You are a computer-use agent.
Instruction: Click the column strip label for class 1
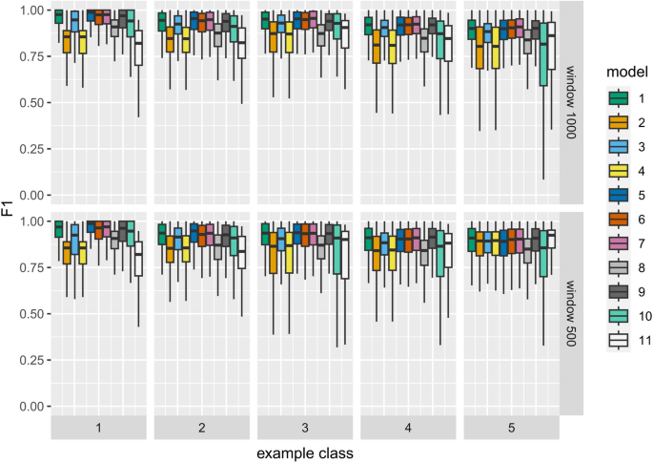coord(99,429)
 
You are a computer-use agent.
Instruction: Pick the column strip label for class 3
coord(305,429)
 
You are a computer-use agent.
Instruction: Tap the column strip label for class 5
coord(511,429)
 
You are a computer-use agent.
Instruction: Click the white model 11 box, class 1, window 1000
coord(139,48)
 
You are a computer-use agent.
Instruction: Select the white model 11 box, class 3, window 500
coord(344,254)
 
